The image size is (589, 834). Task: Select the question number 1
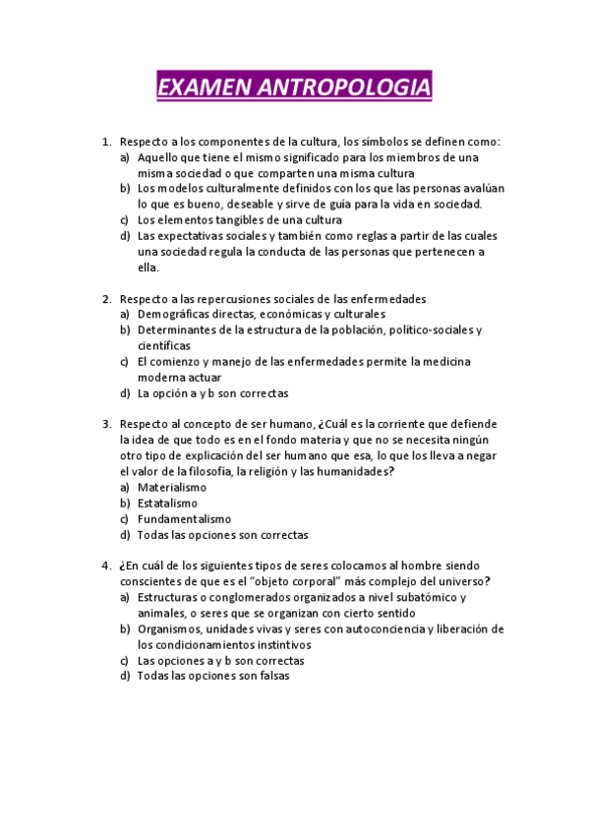click(x=106, y=142)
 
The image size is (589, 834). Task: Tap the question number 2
click(x=106, y=299)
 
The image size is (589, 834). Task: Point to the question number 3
click(x=106, y=425)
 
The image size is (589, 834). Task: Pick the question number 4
click(x=106, y=566)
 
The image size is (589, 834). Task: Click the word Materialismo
click(x=172, y=488)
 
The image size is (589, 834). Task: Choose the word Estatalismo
click(x=167, y=504)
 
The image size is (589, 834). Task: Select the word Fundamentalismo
click(x=184, y=519)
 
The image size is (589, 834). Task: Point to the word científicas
click(x=163, y=346)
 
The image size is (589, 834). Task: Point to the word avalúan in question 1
click(x=481, y=189)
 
